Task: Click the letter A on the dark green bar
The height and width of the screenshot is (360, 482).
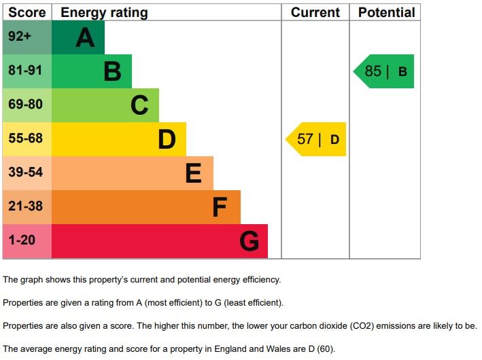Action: point(85,37)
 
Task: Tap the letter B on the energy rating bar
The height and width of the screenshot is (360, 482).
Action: point(112,71)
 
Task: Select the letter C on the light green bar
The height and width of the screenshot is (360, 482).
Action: point(139,105)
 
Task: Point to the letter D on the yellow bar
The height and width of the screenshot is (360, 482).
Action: point(167,139)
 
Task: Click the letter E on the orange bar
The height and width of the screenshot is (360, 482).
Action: point(194,174)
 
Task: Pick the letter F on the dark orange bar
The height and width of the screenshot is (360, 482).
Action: point(219,207)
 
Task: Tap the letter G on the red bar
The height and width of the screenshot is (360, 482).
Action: point(249,241)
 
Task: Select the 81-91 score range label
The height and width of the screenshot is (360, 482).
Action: point(26,71)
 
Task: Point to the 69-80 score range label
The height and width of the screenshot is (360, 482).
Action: point(26,105)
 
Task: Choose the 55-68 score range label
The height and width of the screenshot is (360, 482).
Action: point(26,139)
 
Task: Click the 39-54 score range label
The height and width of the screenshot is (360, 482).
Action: point(26,173)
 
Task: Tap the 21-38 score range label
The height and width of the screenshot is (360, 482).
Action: point(26,206)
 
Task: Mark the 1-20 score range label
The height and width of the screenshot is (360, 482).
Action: point(22,240)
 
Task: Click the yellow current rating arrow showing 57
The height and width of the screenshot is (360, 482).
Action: point(317,139)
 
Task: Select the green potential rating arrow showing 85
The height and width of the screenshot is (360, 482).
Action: point(385,71)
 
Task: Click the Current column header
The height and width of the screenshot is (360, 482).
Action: point(315,12)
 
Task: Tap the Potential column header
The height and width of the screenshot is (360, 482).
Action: point(386,12)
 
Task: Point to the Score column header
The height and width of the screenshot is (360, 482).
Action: point(27,12)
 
